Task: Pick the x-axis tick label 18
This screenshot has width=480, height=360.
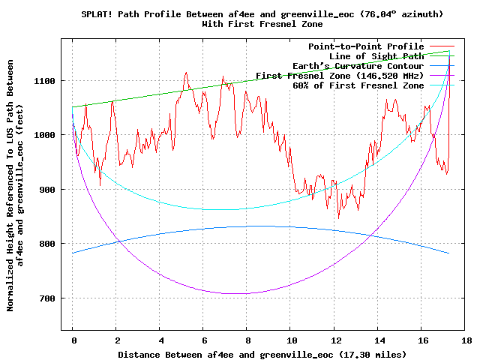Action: point(466,340)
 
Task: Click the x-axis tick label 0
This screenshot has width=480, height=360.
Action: point(73,340)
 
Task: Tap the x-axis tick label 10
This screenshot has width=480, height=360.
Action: point(291,340)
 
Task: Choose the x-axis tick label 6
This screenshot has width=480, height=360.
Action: point(204,340)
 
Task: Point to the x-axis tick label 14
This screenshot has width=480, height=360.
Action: point(379,340)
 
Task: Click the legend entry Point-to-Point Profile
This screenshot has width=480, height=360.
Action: point(366,46)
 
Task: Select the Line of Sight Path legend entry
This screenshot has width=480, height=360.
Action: point(376,56)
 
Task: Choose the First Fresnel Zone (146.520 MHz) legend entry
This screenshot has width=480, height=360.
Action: point(340,76)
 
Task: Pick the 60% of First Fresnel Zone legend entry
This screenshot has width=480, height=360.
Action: point(358,85)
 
